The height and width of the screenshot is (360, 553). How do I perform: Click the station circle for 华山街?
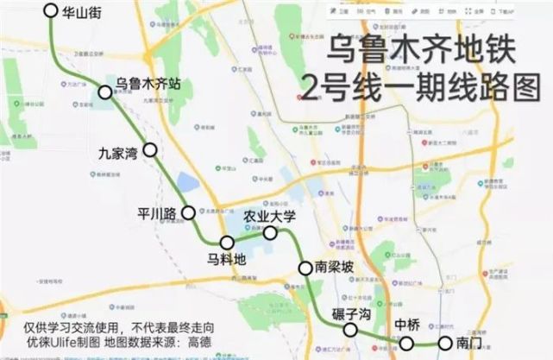click(50, 11)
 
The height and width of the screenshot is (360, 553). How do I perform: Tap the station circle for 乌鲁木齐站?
click(106, 92)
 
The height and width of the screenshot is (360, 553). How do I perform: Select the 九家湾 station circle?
click(150, 149)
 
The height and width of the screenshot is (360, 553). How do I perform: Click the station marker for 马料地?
click(228, 243)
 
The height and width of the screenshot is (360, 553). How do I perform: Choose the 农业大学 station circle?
click(270, 232)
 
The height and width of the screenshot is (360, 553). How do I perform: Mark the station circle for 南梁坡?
click(305, 268)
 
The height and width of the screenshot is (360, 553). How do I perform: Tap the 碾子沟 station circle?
click(350, 331)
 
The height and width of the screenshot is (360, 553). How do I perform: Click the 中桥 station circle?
click(407, 344)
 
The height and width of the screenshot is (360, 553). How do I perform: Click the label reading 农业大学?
click(269, 215)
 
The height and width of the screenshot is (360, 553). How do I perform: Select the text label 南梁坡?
click(336, 268)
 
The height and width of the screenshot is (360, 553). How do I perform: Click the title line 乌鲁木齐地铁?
click(422, 51)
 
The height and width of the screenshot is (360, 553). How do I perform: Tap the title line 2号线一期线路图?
click(406, 86)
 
